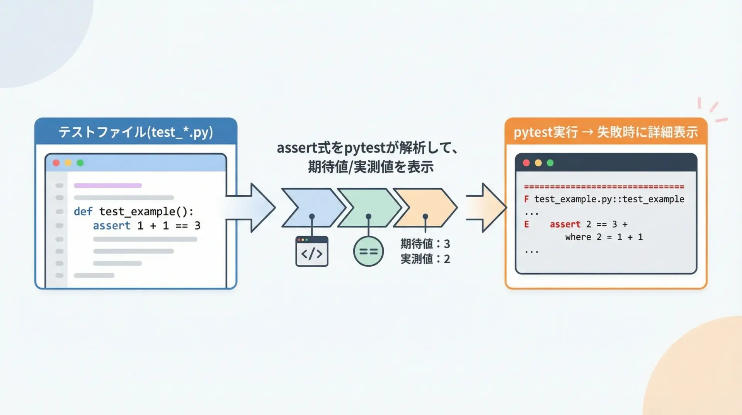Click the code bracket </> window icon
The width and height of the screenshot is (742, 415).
pos(312,252)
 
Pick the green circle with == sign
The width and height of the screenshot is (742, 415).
pos(368,252)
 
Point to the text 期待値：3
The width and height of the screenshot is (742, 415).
pos(425,244)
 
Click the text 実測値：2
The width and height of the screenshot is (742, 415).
pos(425,259)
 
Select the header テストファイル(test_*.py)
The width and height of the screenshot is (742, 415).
pos(136,132)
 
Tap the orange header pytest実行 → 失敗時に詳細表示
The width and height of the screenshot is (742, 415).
pos(606,132)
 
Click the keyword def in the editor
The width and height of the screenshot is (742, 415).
pos(83,211)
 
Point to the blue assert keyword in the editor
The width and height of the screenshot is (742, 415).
pos(111,225)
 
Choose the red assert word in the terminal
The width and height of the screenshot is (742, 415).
pos(565,224)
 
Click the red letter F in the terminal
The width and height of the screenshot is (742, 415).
pos(526,199)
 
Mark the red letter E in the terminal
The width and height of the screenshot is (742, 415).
pos(526,224)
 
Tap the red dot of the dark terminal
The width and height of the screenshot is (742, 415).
pos(526,163)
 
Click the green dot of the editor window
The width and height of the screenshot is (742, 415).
pos(80,163)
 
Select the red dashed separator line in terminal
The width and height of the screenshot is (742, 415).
pos(604,187)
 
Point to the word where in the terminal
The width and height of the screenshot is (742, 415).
pos(578,237)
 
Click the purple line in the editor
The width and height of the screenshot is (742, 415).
pos(107,185)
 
